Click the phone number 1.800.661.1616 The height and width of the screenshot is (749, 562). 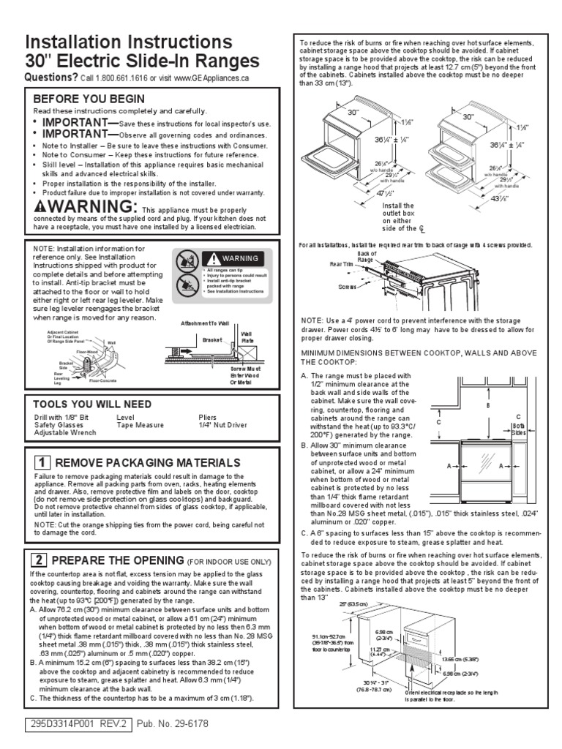(x=118, y=78)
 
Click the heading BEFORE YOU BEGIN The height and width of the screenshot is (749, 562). (x=89, y=99)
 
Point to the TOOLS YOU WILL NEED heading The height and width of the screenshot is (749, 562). (x=93, y=404)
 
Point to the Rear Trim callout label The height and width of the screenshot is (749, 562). (x=342, y=263)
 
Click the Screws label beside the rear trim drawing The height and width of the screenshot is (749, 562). (x=348, y=287)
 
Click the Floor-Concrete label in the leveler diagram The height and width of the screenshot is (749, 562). (x=105, y=380)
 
